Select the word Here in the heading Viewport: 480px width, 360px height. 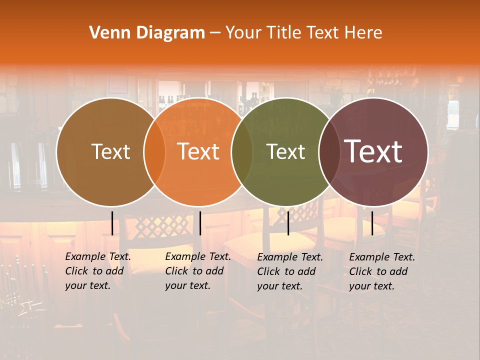tap(363, 33)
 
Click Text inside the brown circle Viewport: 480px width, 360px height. tap(110, 151)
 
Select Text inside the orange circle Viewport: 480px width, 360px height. tap(198, 151)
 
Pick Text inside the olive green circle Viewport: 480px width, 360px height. tap(286, 151)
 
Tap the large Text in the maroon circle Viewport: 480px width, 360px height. tap(373, 151)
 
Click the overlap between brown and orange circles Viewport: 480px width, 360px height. tap(154, 152)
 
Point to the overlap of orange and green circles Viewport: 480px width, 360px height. tap(242, 152)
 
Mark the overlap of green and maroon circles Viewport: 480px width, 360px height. tap(329, 152)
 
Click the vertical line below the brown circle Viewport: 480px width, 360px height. tap(112, 223)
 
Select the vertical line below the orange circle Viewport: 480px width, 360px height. tap(200, 223)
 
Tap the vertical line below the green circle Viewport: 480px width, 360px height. tap(288, 223)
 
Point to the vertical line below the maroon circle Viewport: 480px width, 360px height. tap(372, 223)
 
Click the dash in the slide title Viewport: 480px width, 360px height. tap(215, 33)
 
